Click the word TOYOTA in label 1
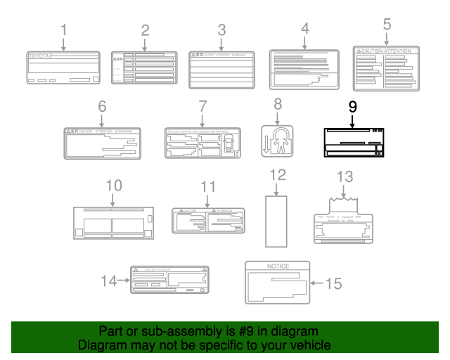pos(39,55)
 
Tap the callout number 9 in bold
pos(352,108)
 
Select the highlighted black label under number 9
pos(354,143)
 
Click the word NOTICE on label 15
pos(277,266)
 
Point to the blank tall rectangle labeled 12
pos(277,220)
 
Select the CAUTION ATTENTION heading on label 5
pos(386,52)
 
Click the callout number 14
pos(109,281)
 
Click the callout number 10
pos(114,186)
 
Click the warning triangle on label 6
pos(69,131)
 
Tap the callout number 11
pos(208,186)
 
